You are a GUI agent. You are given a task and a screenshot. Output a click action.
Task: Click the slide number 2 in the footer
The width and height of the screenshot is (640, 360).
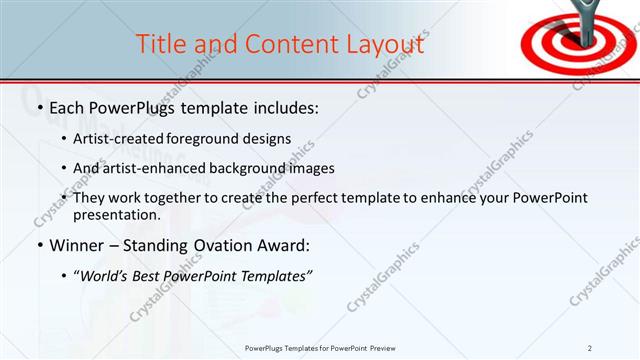590,348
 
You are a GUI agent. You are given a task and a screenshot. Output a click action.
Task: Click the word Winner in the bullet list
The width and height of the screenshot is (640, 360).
78,246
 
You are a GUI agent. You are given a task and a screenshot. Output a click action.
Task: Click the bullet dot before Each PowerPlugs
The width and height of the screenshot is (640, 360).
39,108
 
